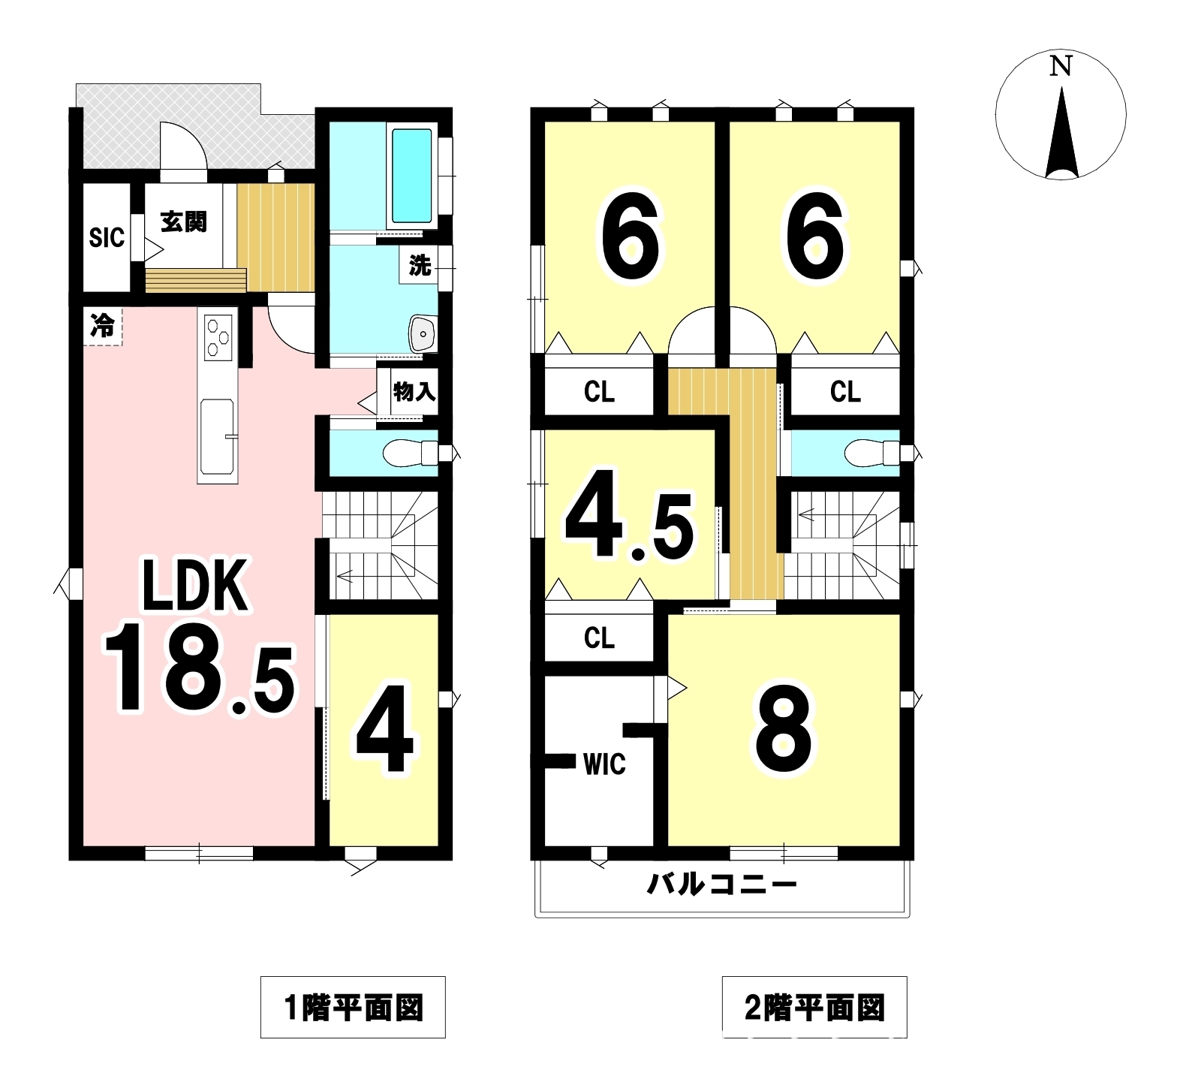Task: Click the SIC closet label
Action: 107,238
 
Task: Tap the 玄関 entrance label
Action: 184,222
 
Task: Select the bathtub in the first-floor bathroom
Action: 411,175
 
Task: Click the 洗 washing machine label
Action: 420,265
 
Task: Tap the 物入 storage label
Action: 414,391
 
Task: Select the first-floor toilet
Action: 410,452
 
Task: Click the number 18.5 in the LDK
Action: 200,668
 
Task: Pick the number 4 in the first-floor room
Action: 384,728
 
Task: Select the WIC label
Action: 604,764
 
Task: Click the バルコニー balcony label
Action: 721,885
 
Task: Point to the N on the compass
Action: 1060,67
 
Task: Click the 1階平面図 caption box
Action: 353,1007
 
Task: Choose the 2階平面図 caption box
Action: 814,1007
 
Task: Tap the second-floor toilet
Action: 871,452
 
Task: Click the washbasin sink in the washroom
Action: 423,333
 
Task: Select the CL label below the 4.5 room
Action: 599,637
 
